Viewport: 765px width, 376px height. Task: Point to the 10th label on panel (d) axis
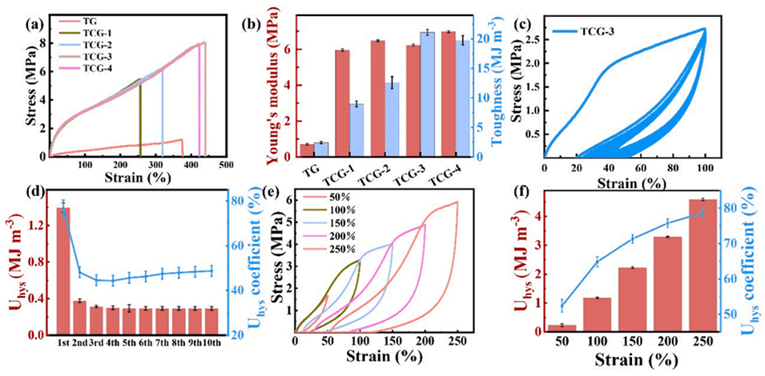[212, 345]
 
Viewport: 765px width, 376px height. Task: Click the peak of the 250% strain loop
[457, 202]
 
